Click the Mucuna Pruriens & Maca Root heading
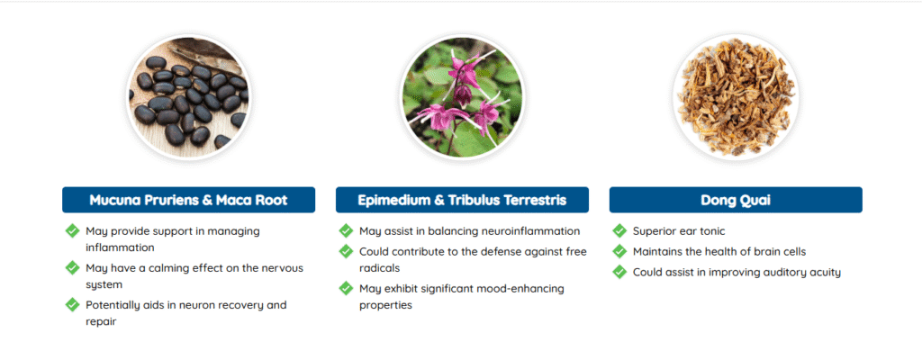[188, 200]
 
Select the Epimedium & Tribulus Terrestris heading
[462, 200]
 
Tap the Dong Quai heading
[736, 200]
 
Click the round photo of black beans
[189, 97]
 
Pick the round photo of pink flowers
[462, 97]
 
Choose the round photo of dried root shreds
[736, 97]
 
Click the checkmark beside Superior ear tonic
[619, 230]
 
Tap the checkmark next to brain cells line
[619, 251]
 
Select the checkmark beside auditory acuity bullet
[619, 272]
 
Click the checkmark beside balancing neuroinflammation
[347, 230]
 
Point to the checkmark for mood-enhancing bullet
[347, 288]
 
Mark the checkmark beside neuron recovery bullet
[72, 305]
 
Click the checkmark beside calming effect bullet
[72, 267]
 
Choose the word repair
[101, 322]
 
